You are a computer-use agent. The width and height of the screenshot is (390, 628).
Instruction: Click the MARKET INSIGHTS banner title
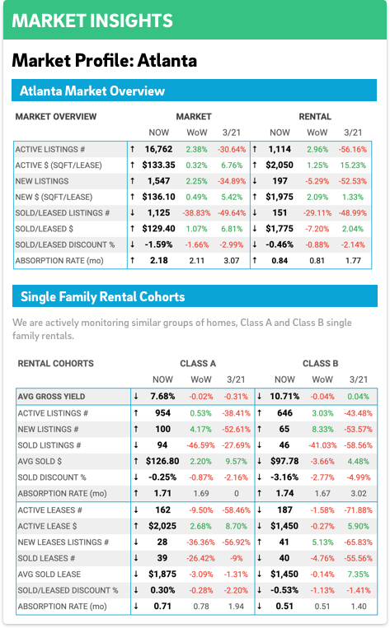pos(92,21)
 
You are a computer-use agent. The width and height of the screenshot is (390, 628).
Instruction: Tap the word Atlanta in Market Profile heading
pos(167,60)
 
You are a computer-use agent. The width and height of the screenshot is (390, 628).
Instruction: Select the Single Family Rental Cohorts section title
pos(103,297)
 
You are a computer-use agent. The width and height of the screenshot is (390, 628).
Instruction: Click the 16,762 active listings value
pos(158,150)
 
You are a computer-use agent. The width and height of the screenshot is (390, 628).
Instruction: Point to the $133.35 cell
pos(158,165)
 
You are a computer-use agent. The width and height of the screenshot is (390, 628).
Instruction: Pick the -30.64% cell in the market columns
pos(232,150)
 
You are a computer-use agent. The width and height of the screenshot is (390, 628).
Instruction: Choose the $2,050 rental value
pos(280,165)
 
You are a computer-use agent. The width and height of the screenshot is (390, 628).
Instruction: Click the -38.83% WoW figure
pos(196,213)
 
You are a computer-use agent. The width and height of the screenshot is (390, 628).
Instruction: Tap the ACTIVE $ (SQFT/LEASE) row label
pos(59,165)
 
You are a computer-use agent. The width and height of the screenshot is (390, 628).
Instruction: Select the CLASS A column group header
pos(198,364)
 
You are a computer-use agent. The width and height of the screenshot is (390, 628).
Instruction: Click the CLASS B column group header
pos(320,364)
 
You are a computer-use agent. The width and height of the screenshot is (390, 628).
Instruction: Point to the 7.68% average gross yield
pos(162,397)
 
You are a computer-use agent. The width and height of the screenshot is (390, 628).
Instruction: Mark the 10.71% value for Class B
pos(284,397)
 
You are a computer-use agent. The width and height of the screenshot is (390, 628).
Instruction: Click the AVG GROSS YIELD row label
pos(51,397)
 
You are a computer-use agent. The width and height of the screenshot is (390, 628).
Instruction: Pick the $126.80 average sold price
pos(162,462)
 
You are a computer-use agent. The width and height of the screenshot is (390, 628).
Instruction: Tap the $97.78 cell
pos(284,462)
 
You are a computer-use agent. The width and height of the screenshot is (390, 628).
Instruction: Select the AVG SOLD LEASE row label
pos(49,575)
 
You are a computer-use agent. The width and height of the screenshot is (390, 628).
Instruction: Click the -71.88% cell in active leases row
pos(359,510)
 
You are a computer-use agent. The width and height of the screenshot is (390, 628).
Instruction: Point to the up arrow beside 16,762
pos(133,150)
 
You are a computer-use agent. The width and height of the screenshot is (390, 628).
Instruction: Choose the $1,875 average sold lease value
pos(162,575)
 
